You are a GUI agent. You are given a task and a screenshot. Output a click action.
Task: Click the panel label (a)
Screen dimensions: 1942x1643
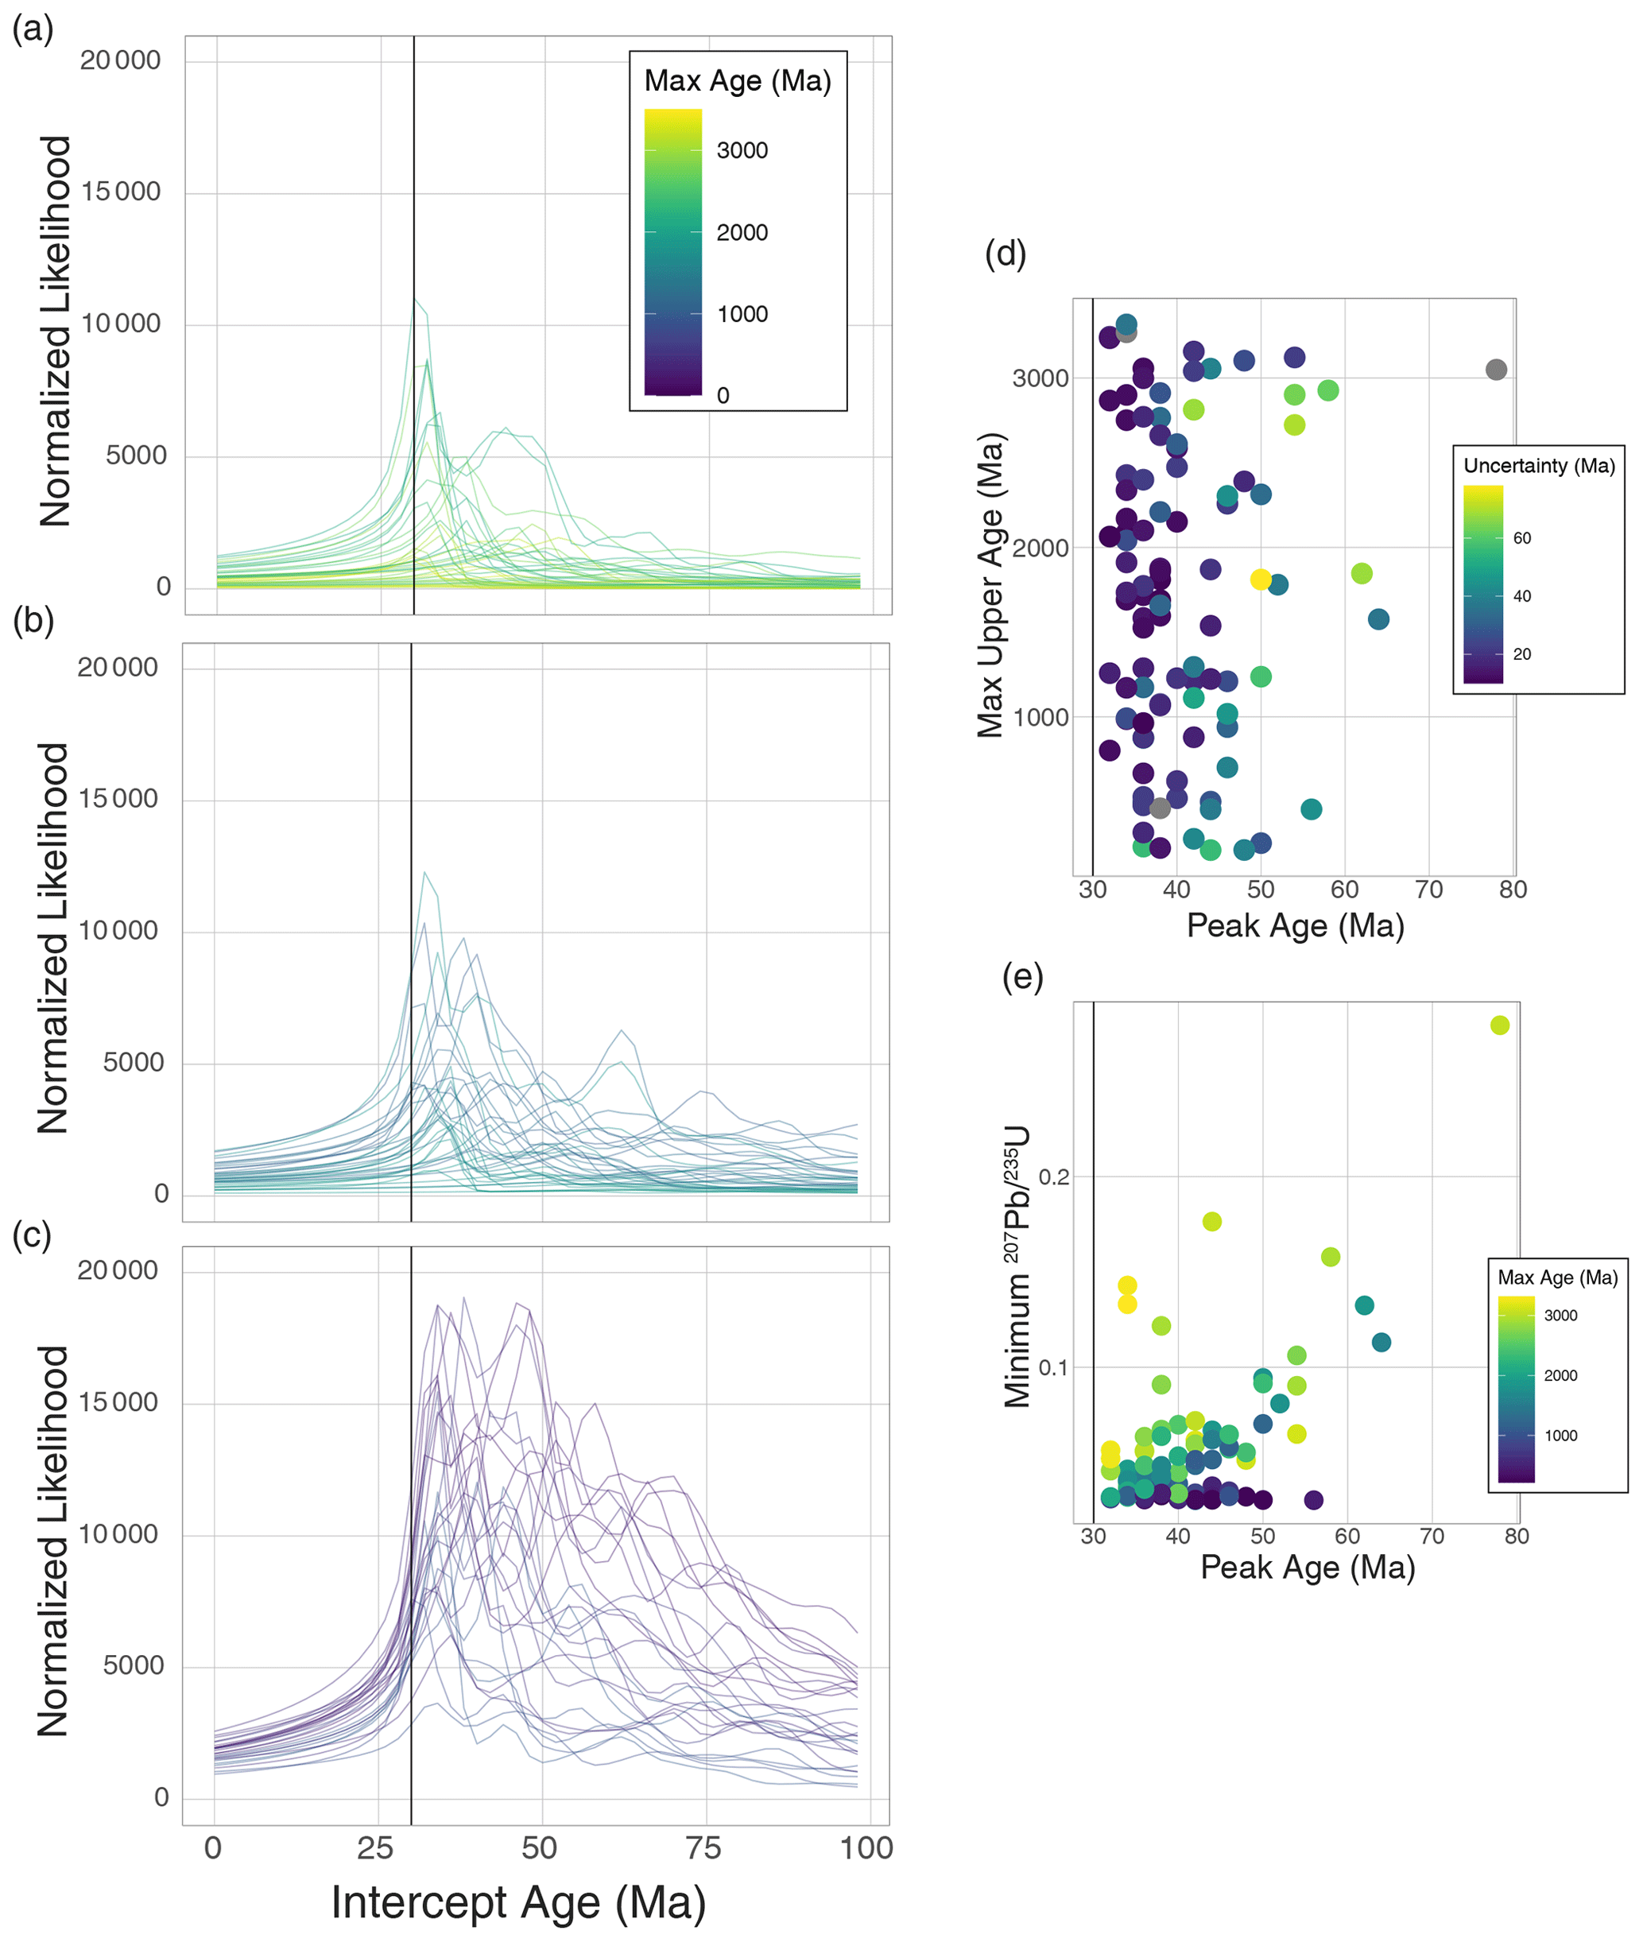pos(33,29)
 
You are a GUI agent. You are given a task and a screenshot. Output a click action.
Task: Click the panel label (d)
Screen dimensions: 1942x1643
pos(1005,254)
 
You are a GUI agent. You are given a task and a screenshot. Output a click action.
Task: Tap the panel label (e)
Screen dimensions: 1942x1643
pos(1021,977)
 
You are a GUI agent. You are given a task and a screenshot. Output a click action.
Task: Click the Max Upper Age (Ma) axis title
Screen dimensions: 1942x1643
pos(990,585)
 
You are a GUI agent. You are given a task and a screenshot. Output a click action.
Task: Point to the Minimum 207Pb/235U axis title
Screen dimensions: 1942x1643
pos(1017,1267)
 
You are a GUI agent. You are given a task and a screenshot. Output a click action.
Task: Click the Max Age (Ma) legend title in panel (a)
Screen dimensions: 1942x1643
pos(738,81)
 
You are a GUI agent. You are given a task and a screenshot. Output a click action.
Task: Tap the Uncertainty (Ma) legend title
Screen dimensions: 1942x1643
pos(1539,466)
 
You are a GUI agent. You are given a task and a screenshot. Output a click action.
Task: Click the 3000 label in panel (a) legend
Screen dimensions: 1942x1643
pos(742,151)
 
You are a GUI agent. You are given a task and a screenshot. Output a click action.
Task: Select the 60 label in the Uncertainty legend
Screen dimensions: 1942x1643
pos(1522,538)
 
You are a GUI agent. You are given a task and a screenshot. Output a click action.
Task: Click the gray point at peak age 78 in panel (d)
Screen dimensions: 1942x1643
pos(1496,370)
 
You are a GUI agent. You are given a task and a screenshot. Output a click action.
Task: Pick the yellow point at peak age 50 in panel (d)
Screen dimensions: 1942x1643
pos(1260,579)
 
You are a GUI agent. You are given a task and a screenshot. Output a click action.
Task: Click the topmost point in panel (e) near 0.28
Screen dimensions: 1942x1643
pos(1500,1025)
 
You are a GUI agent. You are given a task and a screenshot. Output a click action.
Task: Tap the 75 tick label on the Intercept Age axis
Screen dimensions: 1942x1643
pos(703,1848)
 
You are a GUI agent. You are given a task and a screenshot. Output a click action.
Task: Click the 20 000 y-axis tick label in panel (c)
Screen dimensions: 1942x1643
pos(118,1270)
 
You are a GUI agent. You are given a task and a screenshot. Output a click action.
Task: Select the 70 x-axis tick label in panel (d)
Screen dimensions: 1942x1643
pos(1428,890)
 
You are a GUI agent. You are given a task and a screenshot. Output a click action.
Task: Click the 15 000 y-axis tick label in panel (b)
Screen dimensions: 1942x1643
pos(118,799)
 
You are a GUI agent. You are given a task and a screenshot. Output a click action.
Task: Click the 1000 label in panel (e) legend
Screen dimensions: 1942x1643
pos(1561,1436)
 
